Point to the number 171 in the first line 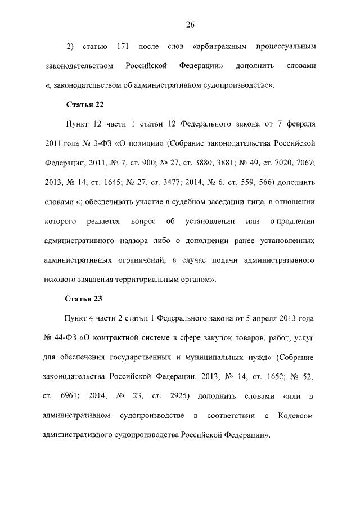(x=124, y=45)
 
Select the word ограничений (x=141, y=260)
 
